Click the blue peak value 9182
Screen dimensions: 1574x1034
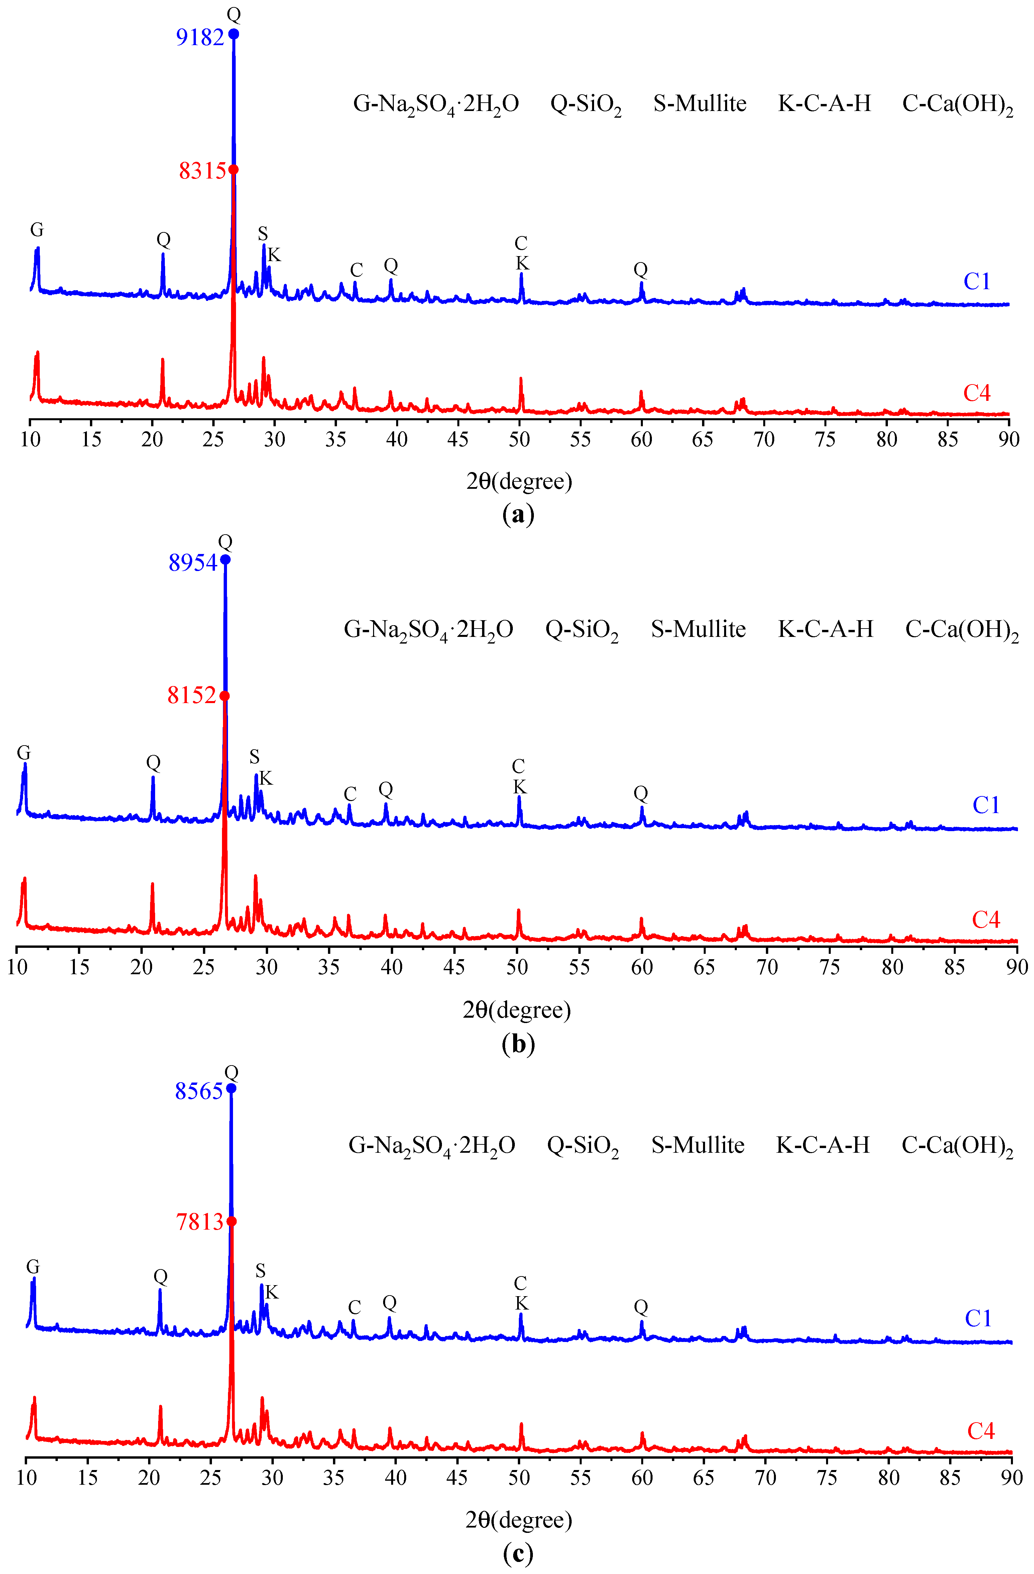tap(200, 38)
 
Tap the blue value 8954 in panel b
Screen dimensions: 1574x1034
tap(192, 563)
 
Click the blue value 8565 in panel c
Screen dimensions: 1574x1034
tap(198, 1091)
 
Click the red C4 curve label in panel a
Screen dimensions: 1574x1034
tap(976, 393)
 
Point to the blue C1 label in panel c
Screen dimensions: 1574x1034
tap(978, 1319)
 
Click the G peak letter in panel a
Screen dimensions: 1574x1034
tap(37, 230)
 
